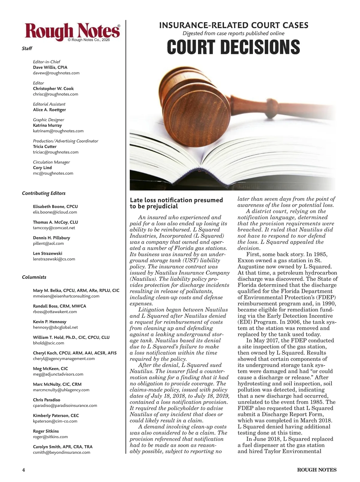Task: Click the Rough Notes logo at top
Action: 72,32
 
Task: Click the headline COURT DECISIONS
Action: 233,47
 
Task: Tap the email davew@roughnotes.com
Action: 56,73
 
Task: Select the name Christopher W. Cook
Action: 53,89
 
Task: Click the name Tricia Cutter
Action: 45,146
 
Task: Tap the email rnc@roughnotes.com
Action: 53,173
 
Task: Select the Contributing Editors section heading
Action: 43,193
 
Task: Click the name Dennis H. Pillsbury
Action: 51,238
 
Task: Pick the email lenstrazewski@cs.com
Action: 54,259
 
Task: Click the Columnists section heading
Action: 34,277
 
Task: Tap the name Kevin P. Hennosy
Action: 49,322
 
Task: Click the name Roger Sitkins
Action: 46,431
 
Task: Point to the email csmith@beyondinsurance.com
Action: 61,452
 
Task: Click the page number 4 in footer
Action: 23,470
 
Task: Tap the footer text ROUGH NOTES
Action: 316,470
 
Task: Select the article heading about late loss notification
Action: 176,203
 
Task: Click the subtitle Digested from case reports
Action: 233,33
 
